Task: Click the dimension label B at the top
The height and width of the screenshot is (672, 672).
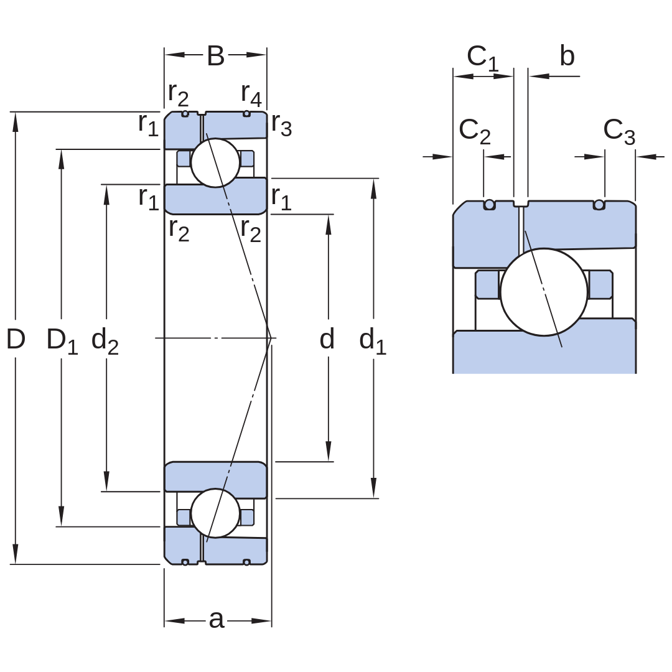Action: [215, 56]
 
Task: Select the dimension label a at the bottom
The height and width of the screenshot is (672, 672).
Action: [217, 620]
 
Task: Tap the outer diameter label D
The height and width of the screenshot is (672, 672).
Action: [16, 339]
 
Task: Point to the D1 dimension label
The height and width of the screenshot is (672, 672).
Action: [62, 341]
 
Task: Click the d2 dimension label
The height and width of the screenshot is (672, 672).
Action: [105, 341]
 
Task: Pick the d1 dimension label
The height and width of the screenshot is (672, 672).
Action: [373, 341]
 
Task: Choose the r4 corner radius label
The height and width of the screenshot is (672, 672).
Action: [251, 95]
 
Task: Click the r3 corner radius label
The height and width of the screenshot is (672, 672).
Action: [282, 124]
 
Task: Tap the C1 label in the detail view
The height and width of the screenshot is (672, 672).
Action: [483, 58]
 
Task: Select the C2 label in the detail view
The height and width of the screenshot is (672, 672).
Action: [474, 131]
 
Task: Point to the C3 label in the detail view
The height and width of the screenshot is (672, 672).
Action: [619, 131]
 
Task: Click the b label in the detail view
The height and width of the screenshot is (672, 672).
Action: [567, 56]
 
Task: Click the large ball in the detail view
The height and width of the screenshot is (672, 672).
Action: [544, 292]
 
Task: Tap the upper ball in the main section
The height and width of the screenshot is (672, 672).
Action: [215, 163]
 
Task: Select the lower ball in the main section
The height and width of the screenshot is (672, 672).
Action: [215, 513]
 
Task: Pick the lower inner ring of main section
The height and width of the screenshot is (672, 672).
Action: [215, 479]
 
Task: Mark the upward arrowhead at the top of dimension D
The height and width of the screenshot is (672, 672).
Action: [16, 122]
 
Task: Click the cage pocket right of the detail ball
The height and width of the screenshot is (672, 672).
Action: [600, 284]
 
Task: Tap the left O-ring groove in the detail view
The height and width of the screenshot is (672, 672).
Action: [490, 205]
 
